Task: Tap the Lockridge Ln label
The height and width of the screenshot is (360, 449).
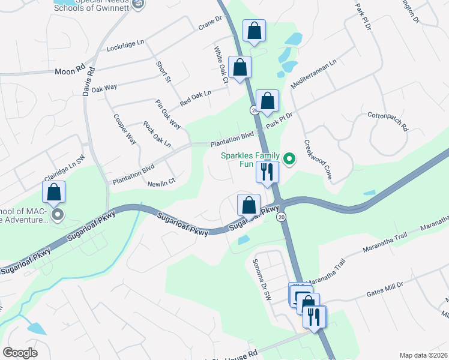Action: [126, 46]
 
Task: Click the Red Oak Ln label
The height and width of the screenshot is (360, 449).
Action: [196, 97]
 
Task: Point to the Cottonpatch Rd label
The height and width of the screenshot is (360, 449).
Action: [387, 121]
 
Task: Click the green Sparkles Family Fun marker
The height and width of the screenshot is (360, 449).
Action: [289, 159]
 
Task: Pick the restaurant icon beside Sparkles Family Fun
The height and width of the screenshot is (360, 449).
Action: [267, 172]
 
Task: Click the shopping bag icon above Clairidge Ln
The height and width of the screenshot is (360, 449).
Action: [53, 192]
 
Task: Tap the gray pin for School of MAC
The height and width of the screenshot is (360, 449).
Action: [57, 214]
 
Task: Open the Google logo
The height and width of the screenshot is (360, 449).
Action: [20, 353]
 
